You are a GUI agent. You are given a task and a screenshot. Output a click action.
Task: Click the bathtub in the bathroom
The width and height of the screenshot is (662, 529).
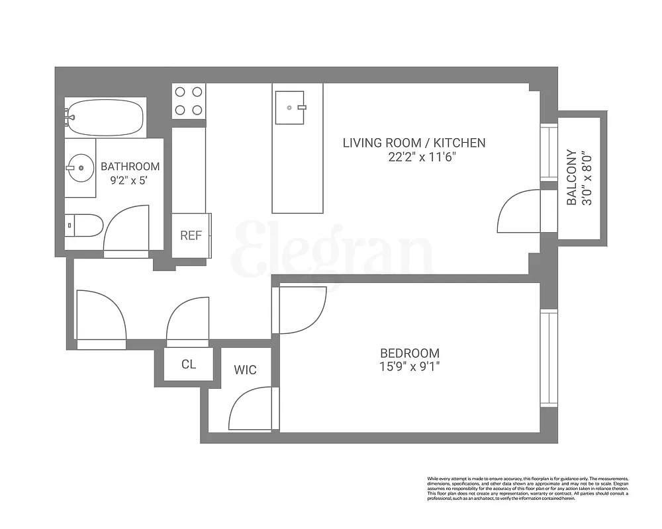[x=105, y=118]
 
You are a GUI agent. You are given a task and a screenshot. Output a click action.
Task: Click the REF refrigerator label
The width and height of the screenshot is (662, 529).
[x=191, y=235]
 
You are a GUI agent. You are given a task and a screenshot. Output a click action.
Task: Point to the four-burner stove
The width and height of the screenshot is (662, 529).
[x=189, y=101]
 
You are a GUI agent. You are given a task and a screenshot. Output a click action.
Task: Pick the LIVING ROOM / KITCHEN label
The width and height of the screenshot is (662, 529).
[x=414, y=143]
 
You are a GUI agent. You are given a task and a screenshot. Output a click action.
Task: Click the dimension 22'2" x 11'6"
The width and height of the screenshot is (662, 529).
[x=414, y=157]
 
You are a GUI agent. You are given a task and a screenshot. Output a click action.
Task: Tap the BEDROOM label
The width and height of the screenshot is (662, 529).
[x=409, y=353]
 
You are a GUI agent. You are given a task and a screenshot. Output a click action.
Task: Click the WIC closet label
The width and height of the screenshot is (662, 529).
[x=245, y=370]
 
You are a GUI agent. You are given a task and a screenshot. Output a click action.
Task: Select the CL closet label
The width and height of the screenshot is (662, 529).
[x=189, y=365]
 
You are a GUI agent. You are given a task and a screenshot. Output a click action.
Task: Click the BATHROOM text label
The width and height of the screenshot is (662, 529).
[x=130, y=167]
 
